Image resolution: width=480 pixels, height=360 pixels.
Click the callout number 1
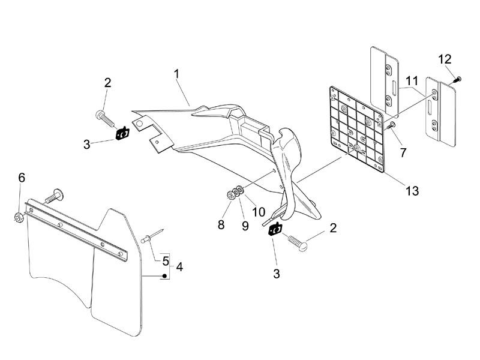click(177, 74)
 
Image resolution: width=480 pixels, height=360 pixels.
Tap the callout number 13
click(412, 191)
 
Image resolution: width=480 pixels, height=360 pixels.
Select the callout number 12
click(445, 59)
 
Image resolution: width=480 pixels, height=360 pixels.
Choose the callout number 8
click(221, 226)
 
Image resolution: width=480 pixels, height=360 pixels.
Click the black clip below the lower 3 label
click(275, 230)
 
